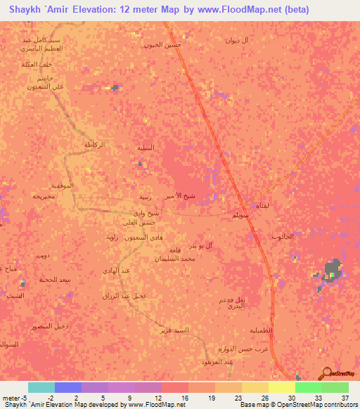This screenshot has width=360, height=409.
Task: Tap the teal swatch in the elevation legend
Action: pyautogui.click(x=41, y=387)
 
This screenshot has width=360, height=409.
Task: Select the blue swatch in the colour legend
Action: pyautogui.click(x=68, y=387)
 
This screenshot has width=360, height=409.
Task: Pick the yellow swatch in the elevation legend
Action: pyautogui.click(x=282, y=387)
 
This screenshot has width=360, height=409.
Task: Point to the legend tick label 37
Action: pyautogui.click(x=345, y=397)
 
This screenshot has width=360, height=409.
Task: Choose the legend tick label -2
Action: pyautogui.click(x=60, y=397)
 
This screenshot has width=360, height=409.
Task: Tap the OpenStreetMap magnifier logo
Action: pyautogui.click(x=325, y=372)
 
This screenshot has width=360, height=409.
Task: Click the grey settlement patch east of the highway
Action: pyautogui.click(x=332, y=270)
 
